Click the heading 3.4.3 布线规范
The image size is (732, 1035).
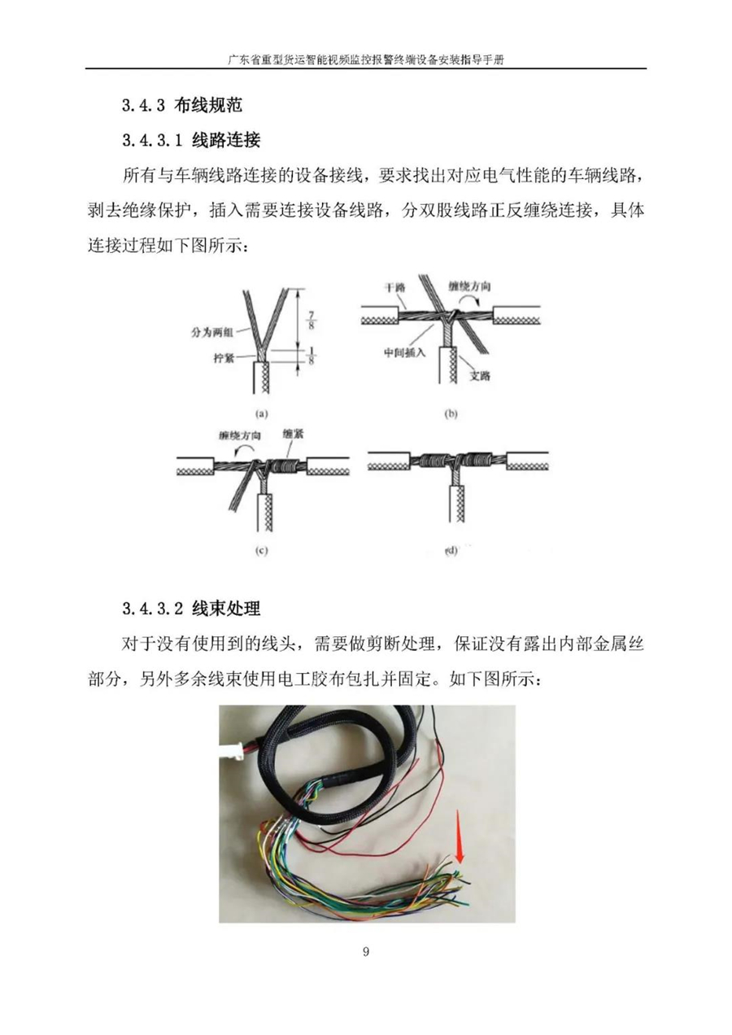(182, 105)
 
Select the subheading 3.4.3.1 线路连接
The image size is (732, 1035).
(191, 139)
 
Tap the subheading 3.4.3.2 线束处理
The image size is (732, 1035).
(191, 608)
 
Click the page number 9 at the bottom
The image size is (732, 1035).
(366, 964)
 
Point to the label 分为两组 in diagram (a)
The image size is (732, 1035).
(211, 332)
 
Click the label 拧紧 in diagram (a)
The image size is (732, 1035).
(224, 358)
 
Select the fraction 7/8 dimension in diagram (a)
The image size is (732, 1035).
(311, 319)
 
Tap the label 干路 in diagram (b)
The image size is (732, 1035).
(394, 287)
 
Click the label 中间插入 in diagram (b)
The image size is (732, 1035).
(404, 353)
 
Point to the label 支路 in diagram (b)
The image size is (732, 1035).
(480, 376)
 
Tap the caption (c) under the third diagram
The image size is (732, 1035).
(261, 551)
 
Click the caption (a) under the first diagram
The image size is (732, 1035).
(262, 414)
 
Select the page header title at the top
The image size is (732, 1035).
(366, 60)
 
